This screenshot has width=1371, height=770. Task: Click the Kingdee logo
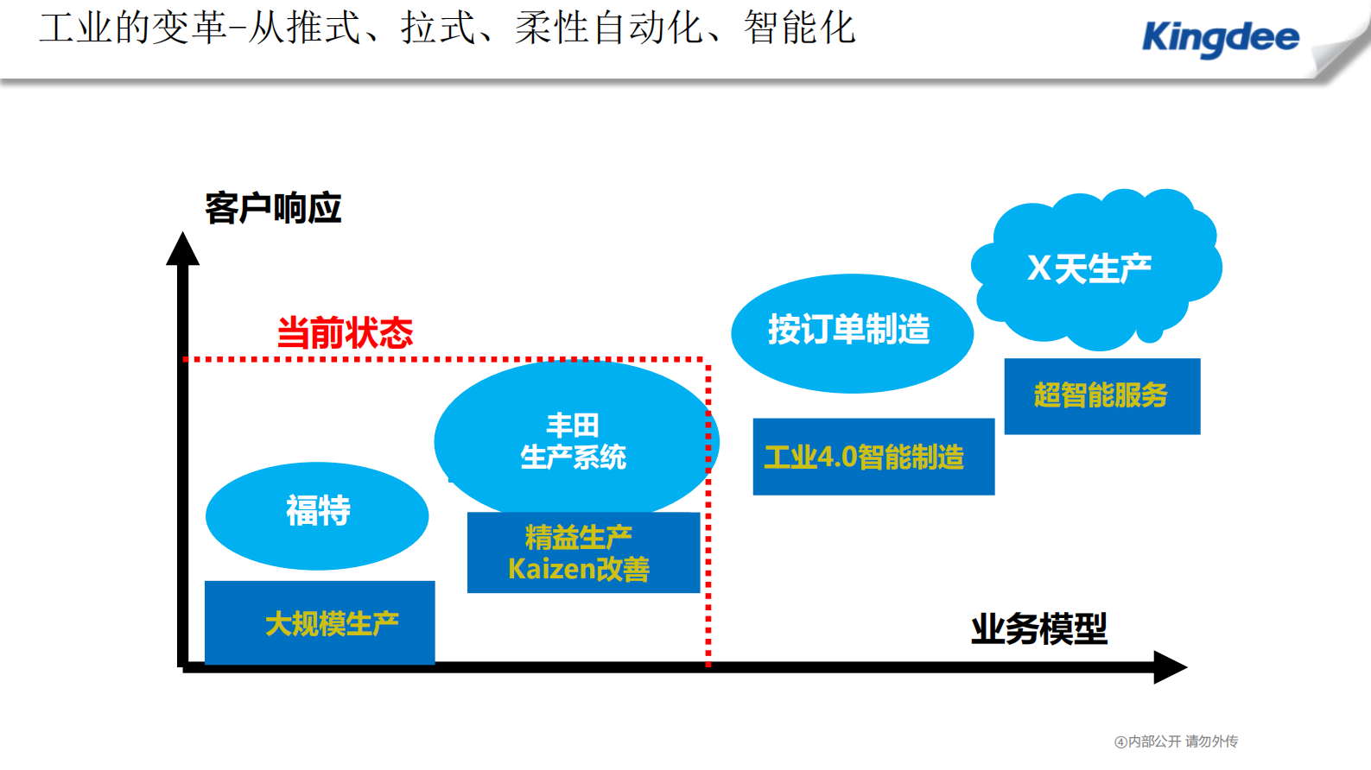[x=1220, y=38]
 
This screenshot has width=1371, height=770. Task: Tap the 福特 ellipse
[x=317, y=515]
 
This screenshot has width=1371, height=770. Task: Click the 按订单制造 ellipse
[x=851, y=332]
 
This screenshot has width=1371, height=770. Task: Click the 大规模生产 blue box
[x=320, y=622]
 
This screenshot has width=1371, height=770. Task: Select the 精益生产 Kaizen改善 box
[x=583, y=552]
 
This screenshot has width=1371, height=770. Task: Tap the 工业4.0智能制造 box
[x=873, y=457]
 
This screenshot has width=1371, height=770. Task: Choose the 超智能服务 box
[x=1101, y=396]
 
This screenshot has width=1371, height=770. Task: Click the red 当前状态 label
[x=345, y=333]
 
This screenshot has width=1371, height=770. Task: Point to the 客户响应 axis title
[x=273, y=209]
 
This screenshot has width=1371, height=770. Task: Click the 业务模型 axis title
[x=1038, y=629]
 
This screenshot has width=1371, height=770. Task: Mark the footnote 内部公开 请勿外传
[x=1177, y=742]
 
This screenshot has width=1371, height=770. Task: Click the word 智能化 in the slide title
[x=799, y=28]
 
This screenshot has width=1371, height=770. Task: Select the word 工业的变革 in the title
[x=133, y=28]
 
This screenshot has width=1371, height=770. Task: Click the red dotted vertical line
[x=708, y=518]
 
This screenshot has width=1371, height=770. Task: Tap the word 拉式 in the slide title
[x=438, y=28]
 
